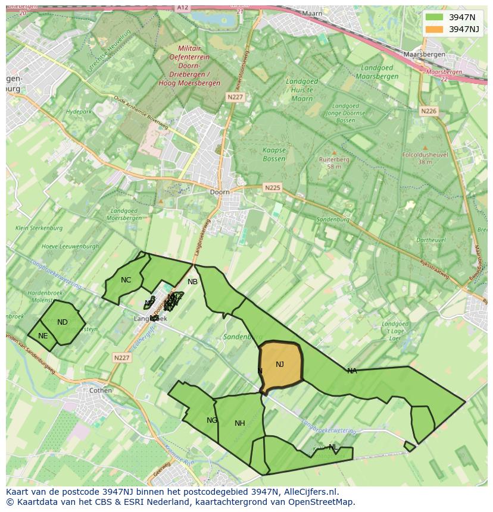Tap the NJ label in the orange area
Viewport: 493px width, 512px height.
(280, 365)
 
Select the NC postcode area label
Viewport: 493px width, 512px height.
(126, 280)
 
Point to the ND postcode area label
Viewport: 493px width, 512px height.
(63, 322)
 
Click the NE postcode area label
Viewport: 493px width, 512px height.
(43, 336)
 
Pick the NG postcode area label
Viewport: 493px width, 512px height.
(212, 420)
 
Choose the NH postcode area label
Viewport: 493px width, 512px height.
(240, 423)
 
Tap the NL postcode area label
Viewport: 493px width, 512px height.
(333, 447)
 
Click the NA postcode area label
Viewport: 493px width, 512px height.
(352, 371)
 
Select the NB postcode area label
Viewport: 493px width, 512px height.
(192, 282)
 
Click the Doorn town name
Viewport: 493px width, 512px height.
(220, 192)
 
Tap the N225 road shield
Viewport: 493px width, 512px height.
(272, 188)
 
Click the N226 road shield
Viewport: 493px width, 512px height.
(429, 111)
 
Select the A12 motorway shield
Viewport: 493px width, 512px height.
(183, 7)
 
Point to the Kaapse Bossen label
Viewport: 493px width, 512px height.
(274, 155)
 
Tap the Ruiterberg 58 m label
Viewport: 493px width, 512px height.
(334, 163)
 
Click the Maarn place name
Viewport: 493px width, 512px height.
(311, 13)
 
